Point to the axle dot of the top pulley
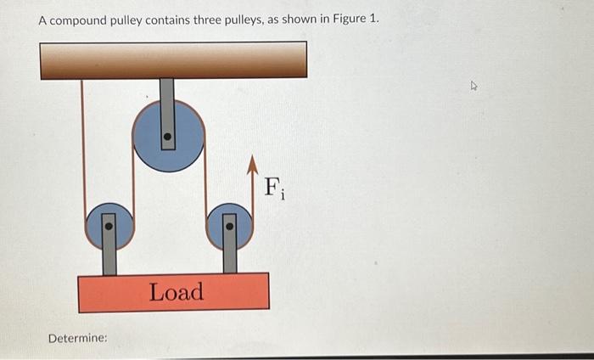coord(168,136)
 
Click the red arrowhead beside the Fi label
coord(252,165)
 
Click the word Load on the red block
coord(177,292)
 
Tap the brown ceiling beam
coord(173,59)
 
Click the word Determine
coord(77,338)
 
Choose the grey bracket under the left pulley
coord(109,259)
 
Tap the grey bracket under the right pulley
coord(229,259)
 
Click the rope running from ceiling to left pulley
coord(83,144)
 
